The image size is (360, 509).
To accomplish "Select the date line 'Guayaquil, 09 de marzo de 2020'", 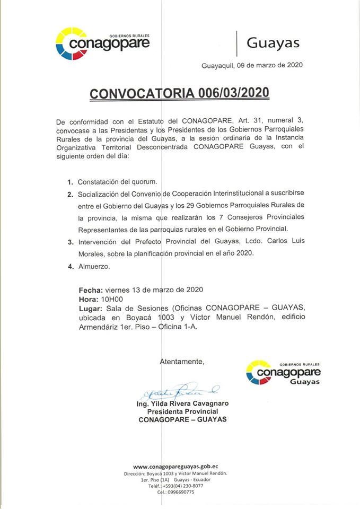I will point(252,66).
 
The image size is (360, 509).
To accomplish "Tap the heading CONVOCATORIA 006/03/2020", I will point(179,93).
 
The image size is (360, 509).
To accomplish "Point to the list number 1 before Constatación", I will point(70,182).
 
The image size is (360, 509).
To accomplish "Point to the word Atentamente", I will point(182,362).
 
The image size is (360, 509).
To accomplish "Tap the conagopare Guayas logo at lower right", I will point(283,374).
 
